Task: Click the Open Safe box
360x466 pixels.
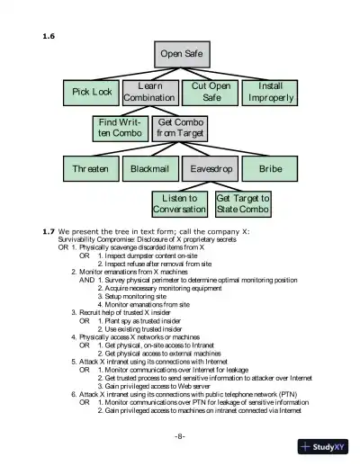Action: click(181, 54)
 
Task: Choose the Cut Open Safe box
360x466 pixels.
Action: click(211, 92)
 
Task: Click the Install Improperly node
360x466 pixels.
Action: click(270, 92)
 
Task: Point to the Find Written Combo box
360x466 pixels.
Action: click(120, 128)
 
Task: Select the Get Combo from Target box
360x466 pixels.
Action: click(180, 128)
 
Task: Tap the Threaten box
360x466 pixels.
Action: click(91, 168)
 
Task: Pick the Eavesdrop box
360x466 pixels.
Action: click(211, 168)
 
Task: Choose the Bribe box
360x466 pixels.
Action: click(270, 168)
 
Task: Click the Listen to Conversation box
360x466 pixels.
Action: click(180, 203)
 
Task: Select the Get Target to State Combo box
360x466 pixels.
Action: click(242, 203)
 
